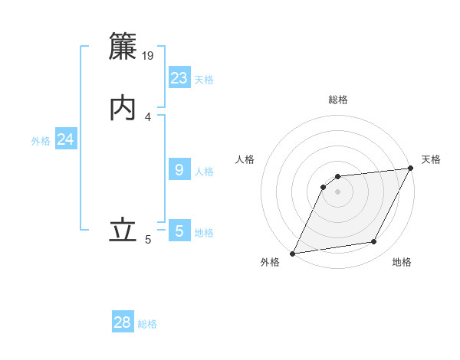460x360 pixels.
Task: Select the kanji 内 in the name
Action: (123, 109)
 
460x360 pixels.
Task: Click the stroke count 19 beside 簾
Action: (149, 55)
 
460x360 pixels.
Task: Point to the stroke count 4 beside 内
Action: (148, 117)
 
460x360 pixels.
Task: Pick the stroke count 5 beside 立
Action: (148, 240)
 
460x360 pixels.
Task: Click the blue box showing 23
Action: (179, 78)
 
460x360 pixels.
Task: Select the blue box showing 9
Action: (179, 170)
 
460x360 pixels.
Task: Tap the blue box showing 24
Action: (66, 139)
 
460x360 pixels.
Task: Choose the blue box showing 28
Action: (123, 322)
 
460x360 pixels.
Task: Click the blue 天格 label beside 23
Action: (204, 80)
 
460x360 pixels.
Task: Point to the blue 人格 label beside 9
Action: (204, 172)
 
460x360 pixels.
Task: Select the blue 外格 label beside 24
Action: (41, 141)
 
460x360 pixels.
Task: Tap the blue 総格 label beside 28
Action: (147, 324)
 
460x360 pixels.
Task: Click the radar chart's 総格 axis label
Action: (337, 100)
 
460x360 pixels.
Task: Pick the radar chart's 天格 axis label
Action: (431, 159)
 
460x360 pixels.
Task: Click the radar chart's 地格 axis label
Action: (402, 262)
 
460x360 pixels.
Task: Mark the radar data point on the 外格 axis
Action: (292, 254)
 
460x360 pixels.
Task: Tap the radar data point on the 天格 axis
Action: (410, 169)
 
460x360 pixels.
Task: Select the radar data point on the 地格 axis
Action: (374, 242)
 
